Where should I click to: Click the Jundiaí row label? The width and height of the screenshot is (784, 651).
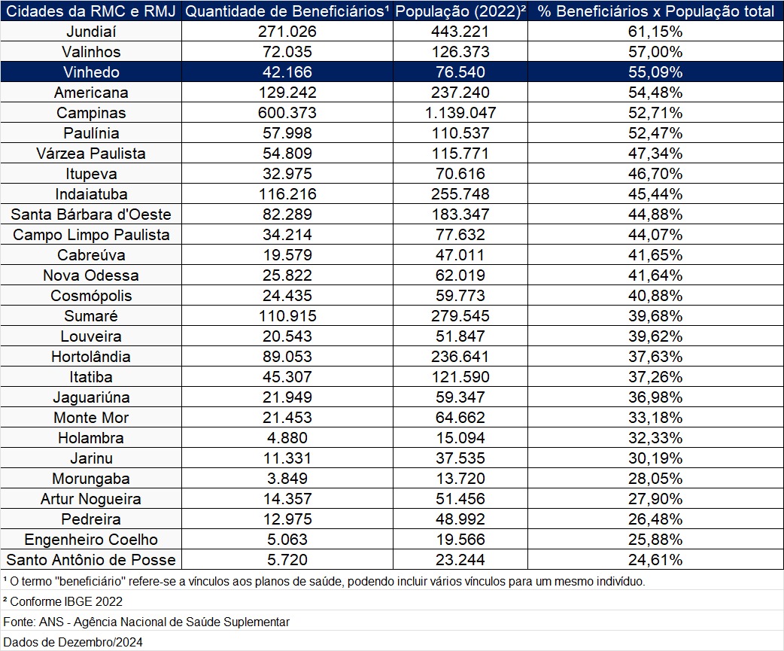pyautogui.click(x=91, y=32)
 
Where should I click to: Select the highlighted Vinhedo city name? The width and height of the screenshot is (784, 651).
pyautogui.click(x=91, y=72)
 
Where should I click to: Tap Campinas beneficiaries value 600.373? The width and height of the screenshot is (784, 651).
pyautogui.click(x=287, y=113)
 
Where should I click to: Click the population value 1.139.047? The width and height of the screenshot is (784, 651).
pyautogui.click(x=460, y=113)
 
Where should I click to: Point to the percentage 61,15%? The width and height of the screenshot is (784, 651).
pyautogui.click(x=655, y=32)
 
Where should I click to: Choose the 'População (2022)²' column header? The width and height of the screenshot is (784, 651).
pyautogui.click(x=460, y=11)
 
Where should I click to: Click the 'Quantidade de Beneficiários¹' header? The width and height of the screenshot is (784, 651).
pyautogui.click(x=287, y=11)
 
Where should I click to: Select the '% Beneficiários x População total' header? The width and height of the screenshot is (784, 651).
pyautogui.click(x=655, y=11)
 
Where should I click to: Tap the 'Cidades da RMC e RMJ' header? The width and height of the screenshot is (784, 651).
pyautogui.click(x=91, y=11)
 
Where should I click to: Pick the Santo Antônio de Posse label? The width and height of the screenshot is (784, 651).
pyautogui.click(x=91, y=560)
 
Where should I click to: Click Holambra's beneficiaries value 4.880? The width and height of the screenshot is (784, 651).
pyautogui.click(x=287, y=438)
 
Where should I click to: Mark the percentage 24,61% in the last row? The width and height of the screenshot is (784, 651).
pyautogui.click(x=655, y=560)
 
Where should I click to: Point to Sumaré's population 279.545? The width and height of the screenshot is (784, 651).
pyautogui.click(x=460, y=316)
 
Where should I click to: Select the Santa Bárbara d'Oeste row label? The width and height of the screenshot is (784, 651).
pyautogui.click(x=91, y=214)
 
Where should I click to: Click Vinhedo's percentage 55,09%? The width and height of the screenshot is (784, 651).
pyautogui.click(x=655, y=72)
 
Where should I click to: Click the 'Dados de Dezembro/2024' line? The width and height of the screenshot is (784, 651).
pyautogui.click(x=73, y=642)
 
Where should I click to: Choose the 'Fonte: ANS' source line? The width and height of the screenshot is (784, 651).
pyautogui.click(x=147, y=622)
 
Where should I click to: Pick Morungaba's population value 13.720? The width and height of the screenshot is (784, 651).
pyautogui.click(x=460, y=479)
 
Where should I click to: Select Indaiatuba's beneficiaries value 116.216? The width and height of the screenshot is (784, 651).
pyautogui.click(x=287, y=194)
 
